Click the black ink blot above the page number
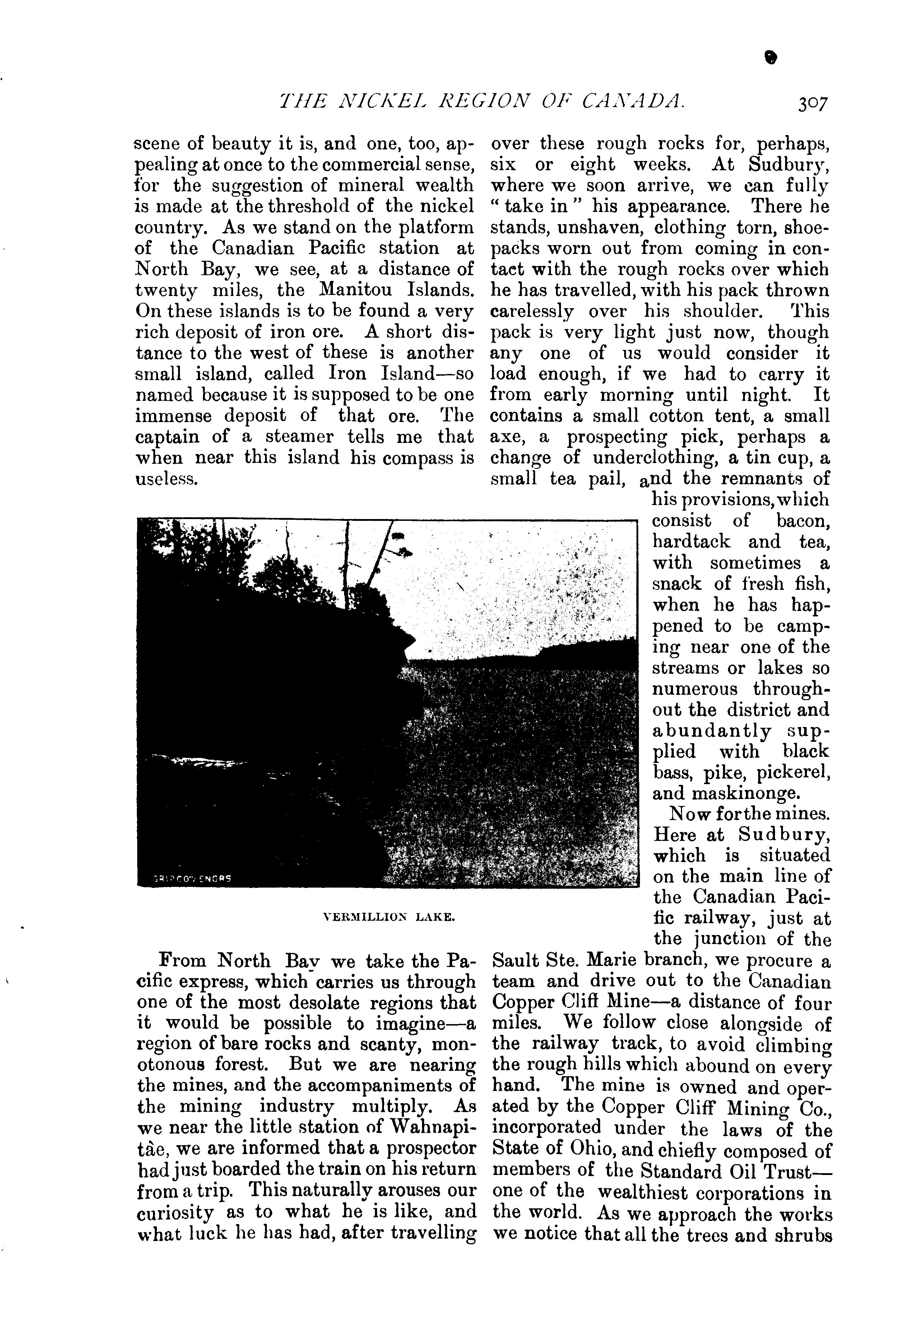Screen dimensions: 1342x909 768,57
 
